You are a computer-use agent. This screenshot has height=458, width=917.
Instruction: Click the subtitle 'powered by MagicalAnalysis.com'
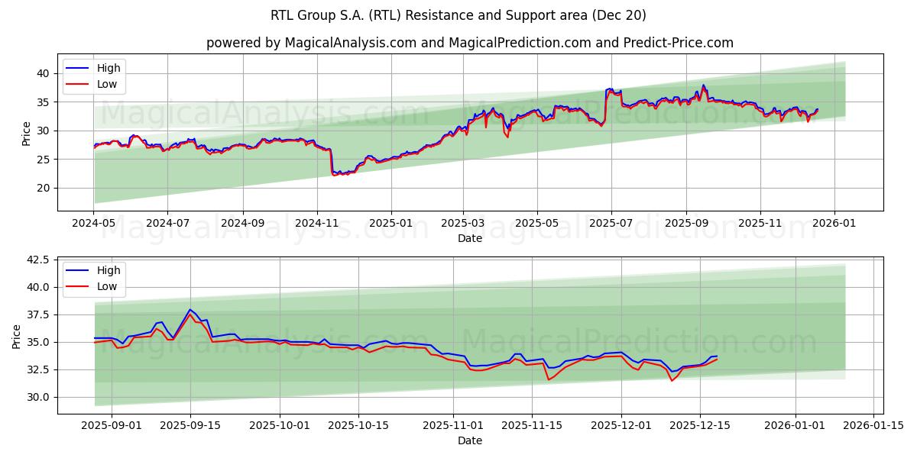click(469, 43)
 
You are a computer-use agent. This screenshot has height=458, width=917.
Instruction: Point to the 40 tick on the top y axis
click(44, 73)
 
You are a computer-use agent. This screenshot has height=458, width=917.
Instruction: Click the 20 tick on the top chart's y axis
click(44, 188)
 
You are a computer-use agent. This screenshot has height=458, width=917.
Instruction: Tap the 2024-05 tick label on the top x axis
click(94, 224)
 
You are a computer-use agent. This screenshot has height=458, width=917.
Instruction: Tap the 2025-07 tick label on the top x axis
click(611, 224)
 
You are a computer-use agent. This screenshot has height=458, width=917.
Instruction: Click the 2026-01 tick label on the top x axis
click(834, 224)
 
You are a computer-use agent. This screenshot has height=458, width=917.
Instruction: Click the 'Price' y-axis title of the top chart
click(27, 133)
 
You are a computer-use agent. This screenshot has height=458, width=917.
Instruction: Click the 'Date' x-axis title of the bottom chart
click(469, 440)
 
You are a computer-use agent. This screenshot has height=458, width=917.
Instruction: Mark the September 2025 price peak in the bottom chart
click(190, 310)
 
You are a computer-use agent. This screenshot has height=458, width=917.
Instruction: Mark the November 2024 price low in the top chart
click(334, 174)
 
